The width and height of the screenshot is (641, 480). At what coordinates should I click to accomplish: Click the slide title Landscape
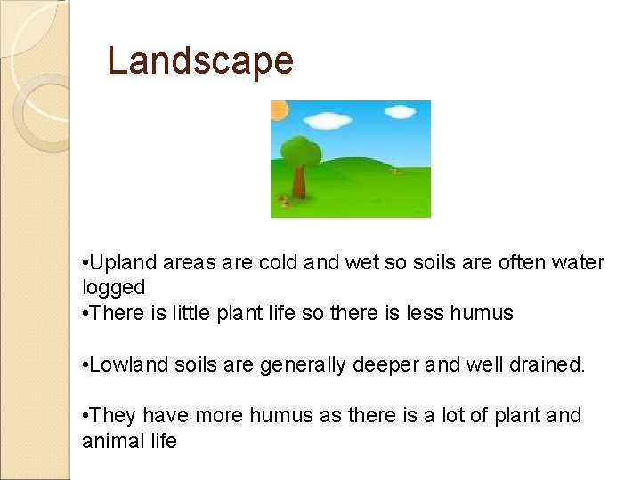(x=199, y=60)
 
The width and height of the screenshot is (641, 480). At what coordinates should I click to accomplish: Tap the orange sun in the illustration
(x=279, y=110)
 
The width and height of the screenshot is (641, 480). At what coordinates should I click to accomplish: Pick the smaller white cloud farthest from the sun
(x=400, y=112)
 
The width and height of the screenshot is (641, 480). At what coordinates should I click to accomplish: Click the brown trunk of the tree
(x=300, y=181)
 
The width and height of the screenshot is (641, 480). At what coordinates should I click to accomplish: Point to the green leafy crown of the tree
(x=300, y=151)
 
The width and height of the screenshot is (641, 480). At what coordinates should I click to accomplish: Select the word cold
(x=276, y=263)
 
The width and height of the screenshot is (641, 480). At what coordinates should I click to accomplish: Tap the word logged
(x=113, y=287)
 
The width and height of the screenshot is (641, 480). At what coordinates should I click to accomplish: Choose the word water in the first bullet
(x=578, y=263)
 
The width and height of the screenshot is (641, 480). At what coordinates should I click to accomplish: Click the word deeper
(x=377, y=364)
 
